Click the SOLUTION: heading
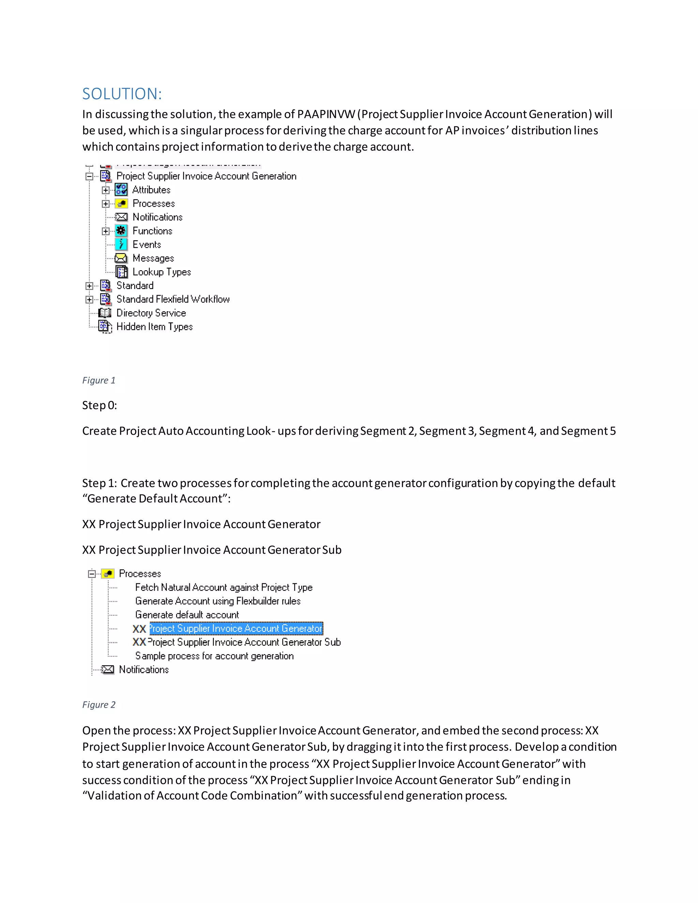tap(122, 94)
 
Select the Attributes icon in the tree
tap(121, 190)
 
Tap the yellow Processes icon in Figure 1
tap(121, 203)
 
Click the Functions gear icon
tap(121, 231)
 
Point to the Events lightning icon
tap(121, 244)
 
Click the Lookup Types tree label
tap(161, 272)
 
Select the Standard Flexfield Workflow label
tap(173, 299)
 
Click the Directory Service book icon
tap(105, 313)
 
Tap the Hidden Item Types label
tap(154, 327)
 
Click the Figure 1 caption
tap(99, 380)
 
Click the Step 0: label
tap(99, 405)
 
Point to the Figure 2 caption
tap(99, 705)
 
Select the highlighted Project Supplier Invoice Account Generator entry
tap(236, 628)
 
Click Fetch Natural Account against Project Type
tap(224, 587)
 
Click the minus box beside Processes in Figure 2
tap(92, 573)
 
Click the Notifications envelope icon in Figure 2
tap(108, 669)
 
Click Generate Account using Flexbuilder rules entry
tap(217, 601)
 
